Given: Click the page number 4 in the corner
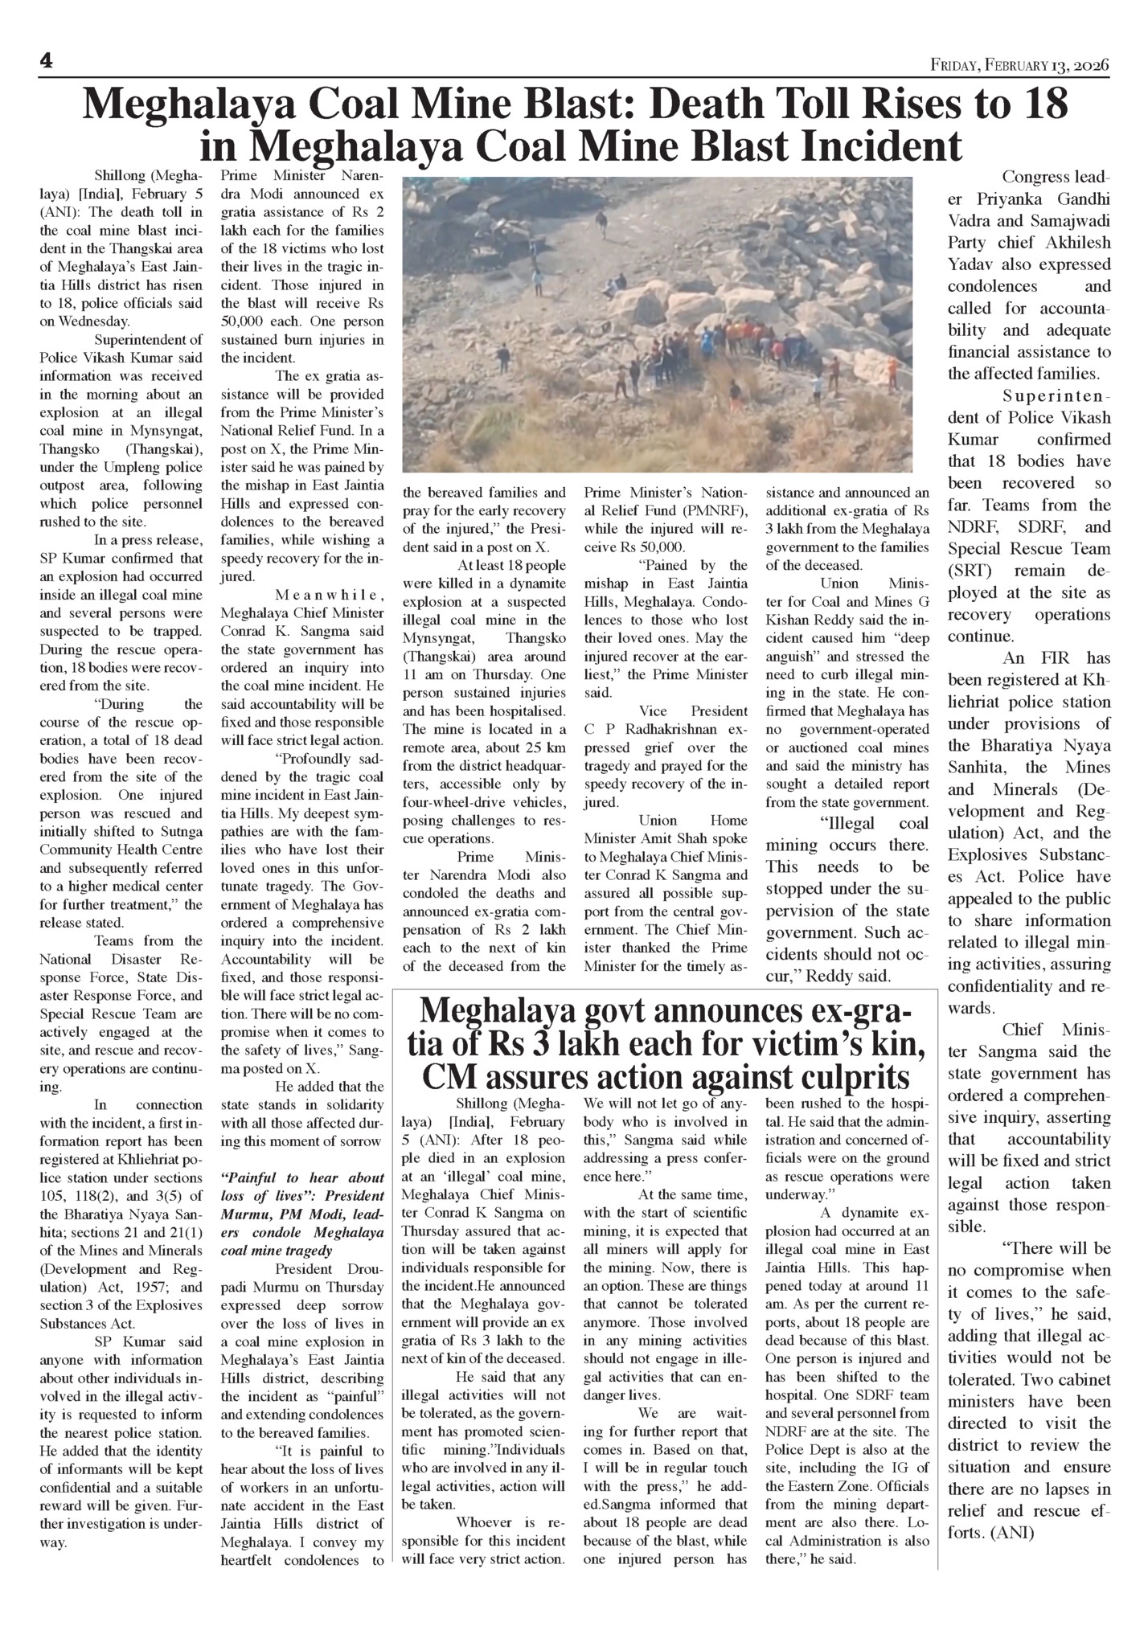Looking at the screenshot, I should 47,63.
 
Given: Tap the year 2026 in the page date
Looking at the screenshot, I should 1092,64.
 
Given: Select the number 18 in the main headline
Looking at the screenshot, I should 1042,105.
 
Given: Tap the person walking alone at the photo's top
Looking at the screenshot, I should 601,220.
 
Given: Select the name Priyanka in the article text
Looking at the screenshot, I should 1005,199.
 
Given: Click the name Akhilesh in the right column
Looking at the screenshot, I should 1072,243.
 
